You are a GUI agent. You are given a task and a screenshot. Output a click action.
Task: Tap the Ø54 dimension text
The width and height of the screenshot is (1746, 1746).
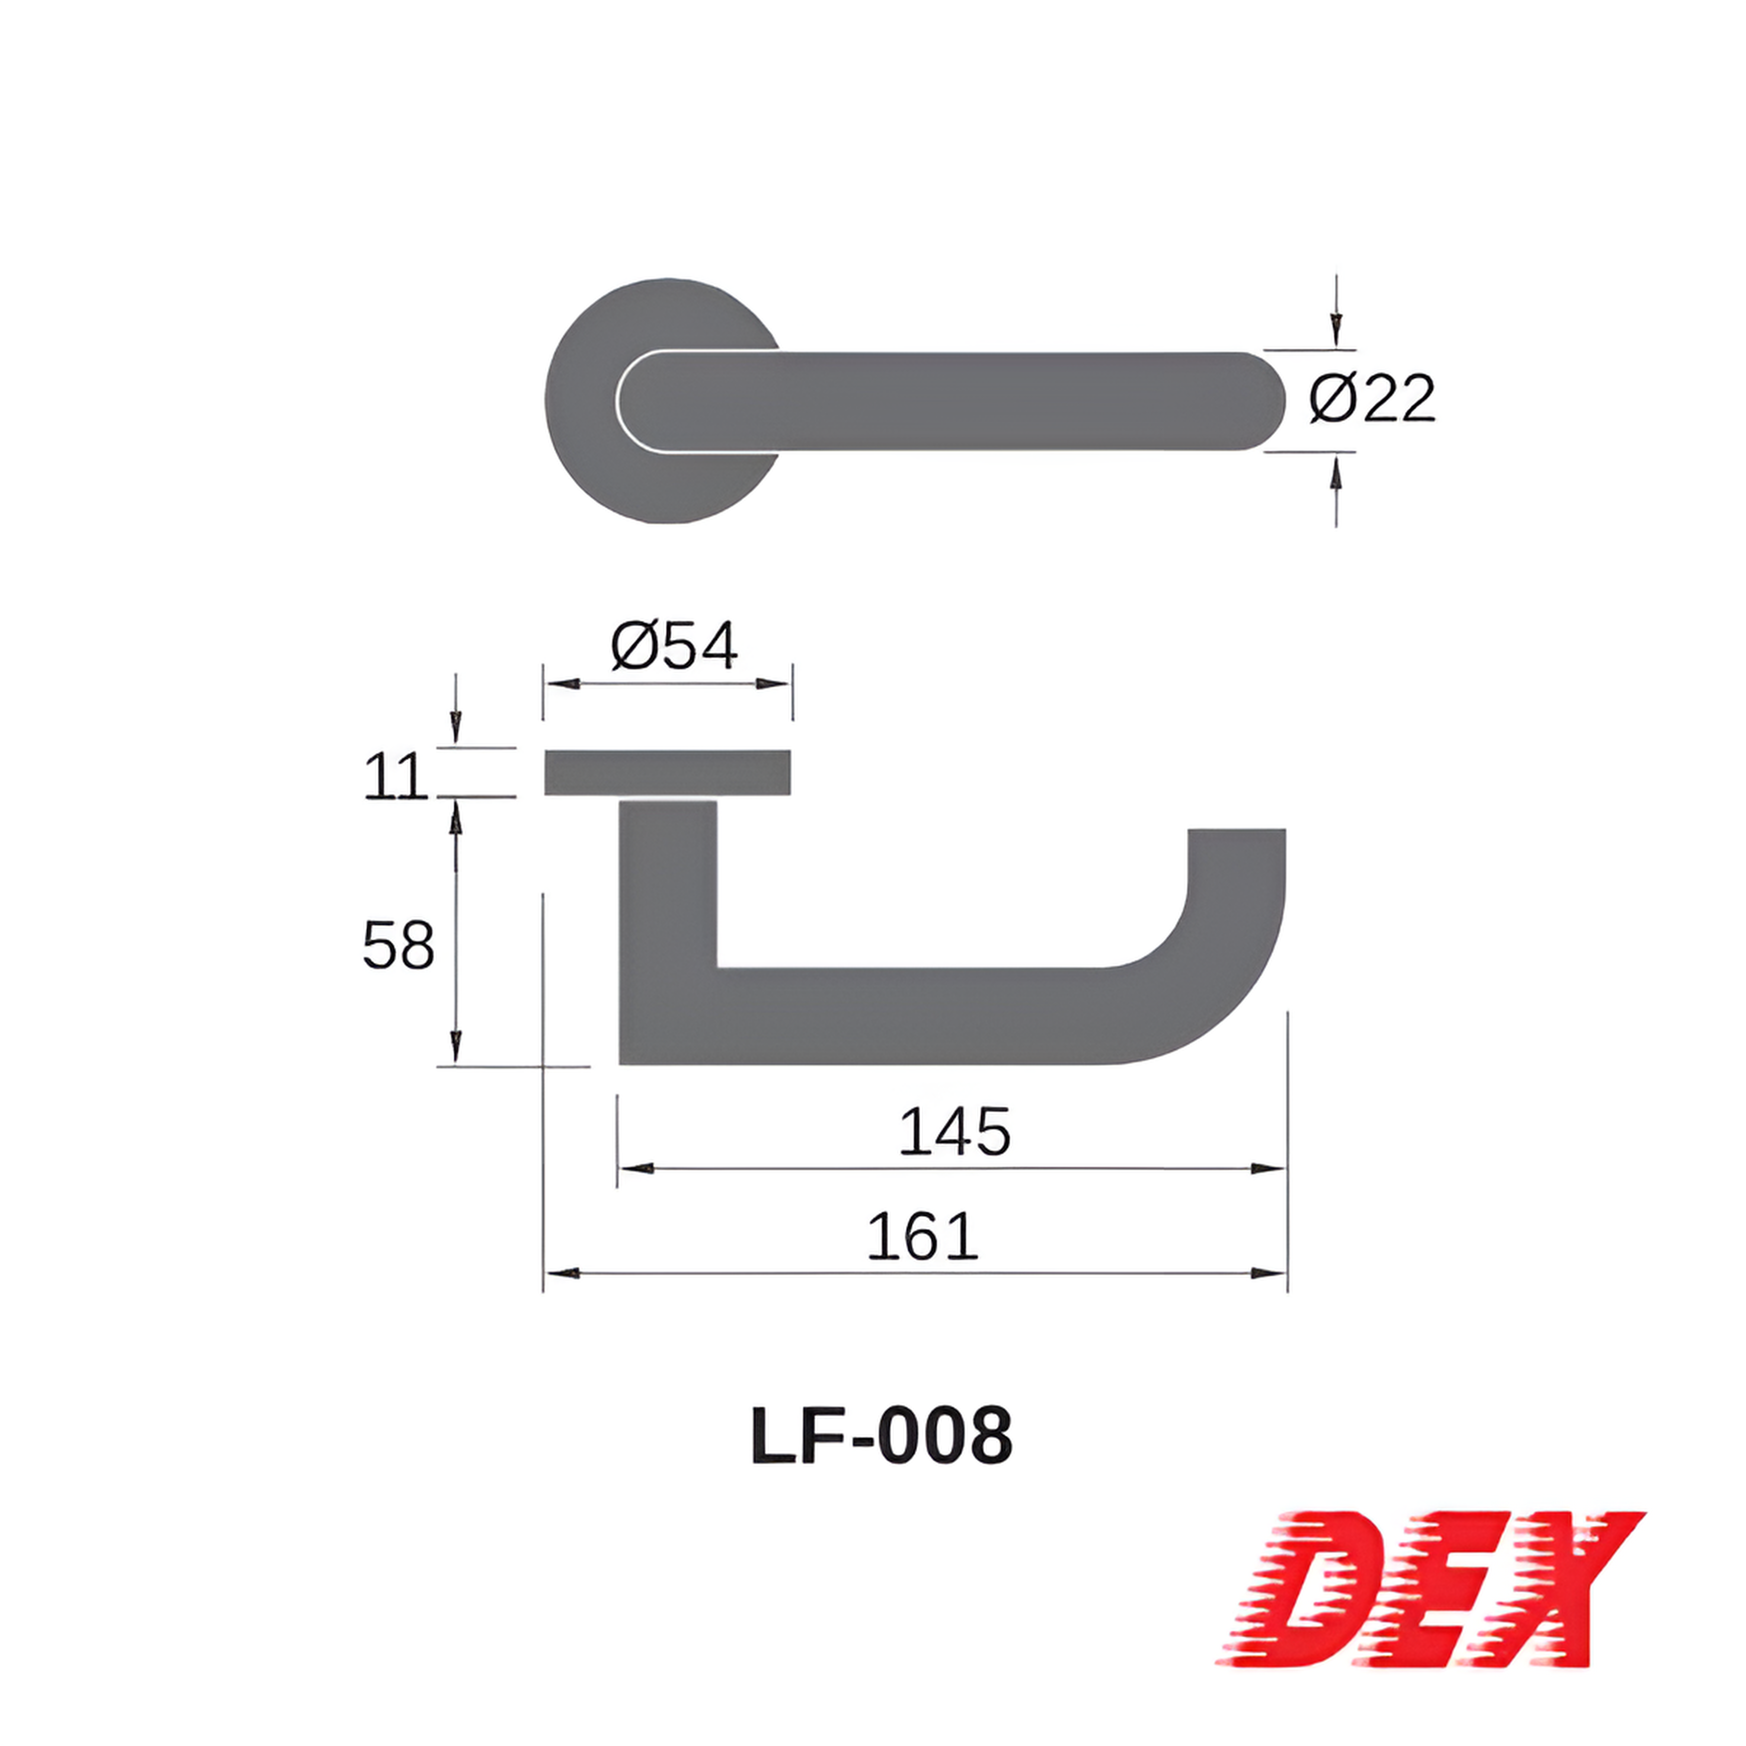[674, 645]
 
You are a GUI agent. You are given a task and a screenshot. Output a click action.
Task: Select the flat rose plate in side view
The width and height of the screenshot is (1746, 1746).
[668, 773]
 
